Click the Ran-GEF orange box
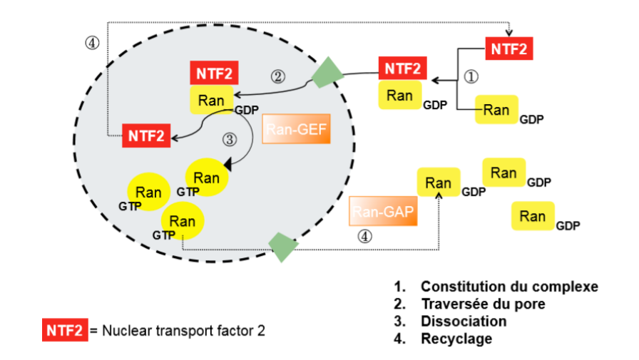(297, 129)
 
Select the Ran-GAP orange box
(383, 212)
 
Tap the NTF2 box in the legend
(64, 331)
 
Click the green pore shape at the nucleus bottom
(282, 246)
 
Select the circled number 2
(279, 75)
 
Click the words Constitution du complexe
(509, 287)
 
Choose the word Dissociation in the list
(464, 321)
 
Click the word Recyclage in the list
(456, 339)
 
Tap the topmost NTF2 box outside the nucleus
(510, 49)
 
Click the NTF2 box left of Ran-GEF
(147, 134)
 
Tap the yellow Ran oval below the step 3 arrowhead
(206, 177)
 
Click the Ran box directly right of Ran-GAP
(438, 183)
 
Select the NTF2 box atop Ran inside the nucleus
(214, 73)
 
